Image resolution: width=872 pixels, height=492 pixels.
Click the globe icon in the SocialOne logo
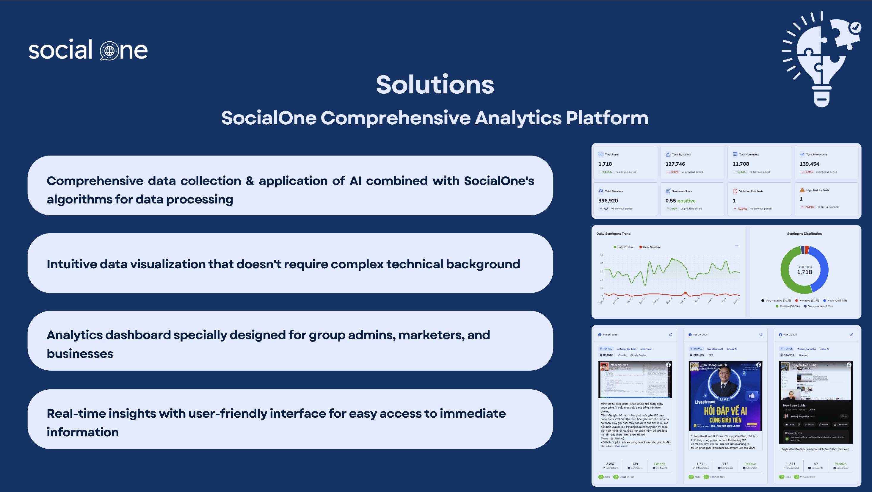(x=109, y=51)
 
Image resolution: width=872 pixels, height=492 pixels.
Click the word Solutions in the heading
(x=435, y=85)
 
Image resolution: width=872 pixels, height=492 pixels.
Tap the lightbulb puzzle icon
(x=821, y=59)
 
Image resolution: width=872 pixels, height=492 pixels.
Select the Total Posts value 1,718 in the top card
(x=605, y=164)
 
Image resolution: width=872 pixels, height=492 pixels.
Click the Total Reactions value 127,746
(x=675, y=164)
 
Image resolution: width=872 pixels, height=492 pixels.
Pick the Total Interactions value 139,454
(x=809, y=164)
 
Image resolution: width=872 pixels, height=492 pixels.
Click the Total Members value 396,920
(x=608, y=201)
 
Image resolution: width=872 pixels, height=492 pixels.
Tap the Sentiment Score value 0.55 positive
(x=680, y=201)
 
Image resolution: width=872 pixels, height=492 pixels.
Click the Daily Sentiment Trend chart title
(x=613, y=234)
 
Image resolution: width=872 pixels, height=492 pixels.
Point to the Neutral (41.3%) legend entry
(x=836, y=301)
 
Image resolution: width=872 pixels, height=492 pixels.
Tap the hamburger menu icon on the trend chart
(x=737, y=246)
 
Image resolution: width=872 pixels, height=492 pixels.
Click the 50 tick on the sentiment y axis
(x=601, y=255)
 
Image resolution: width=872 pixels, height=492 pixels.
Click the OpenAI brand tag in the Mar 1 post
(x=803, y=355)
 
